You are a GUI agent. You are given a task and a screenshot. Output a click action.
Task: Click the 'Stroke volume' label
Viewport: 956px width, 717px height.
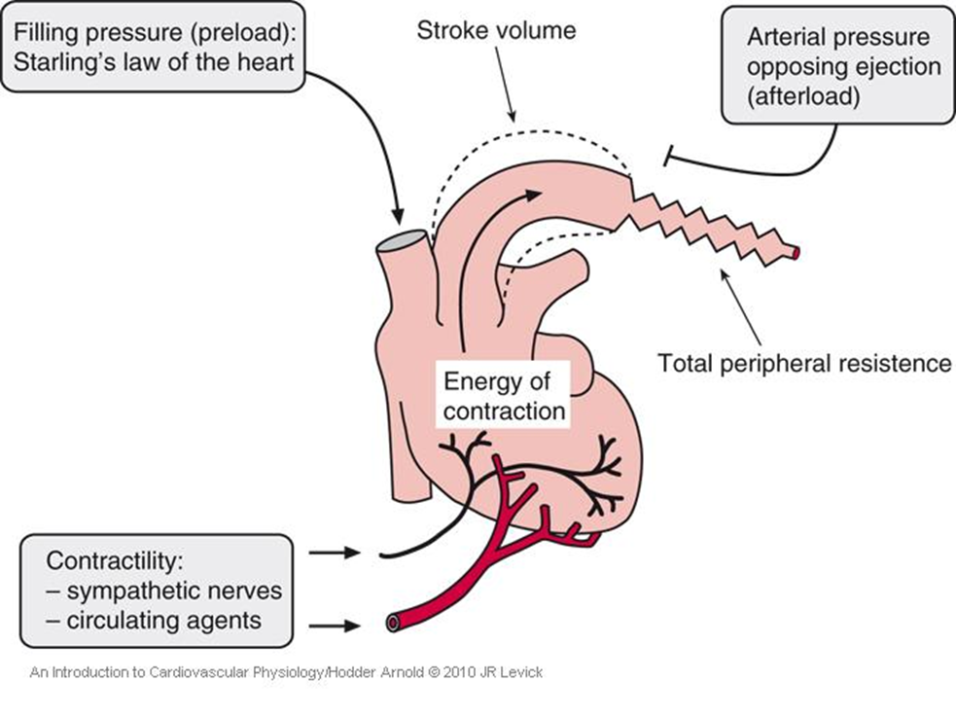(496, 30)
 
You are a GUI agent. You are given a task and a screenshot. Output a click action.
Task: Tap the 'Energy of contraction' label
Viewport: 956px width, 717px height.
(504, 394)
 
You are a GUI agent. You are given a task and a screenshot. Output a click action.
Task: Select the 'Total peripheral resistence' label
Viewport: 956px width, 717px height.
(804, 363)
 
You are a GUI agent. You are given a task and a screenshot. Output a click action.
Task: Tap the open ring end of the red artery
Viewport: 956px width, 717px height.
(393, 622)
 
